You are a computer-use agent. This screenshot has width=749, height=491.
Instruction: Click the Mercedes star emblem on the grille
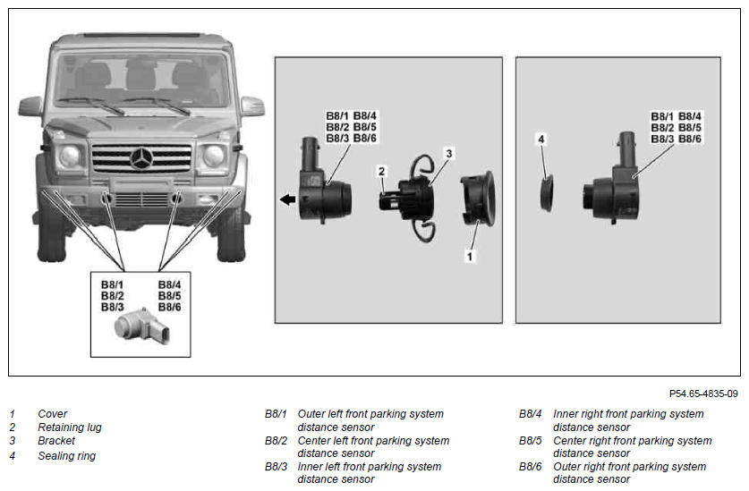coord(142,158)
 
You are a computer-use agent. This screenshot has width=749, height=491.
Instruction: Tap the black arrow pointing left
coord(287,199)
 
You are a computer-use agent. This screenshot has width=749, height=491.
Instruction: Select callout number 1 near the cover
coord(470,257)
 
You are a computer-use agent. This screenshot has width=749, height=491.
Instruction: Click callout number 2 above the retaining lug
coord(381,171)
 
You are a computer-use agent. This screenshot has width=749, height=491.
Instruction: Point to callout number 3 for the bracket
coord(448,153)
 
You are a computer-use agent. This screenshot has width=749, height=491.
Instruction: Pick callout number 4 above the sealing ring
coord(540,139)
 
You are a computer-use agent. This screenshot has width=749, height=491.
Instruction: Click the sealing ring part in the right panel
coord(547,193)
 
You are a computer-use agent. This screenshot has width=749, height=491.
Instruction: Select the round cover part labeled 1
coord(478,199)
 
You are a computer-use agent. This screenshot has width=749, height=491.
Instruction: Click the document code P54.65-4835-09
coord(703,394)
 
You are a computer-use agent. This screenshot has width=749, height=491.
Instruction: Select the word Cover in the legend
coord(53,413)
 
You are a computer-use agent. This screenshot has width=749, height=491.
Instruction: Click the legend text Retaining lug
coord(70,427)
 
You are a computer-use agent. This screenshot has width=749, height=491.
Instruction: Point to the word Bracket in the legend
coord(56,440)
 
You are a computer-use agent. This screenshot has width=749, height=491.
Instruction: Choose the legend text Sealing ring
coord(67,455)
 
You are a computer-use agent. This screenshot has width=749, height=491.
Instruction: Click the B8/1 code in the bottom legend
coord(276,413)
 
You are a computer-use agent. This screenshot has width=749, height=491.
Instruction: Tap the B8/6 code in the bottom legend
coord(531,466)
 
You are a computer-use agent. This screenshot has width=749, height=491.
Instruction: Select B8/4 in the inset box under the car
coord(169,284)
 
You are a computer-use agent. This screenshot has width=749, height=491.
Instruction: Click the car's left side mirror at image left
coord(30,107)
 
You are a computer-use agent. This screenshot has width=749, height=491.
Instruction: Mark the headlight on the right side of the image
coord(214,156)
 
